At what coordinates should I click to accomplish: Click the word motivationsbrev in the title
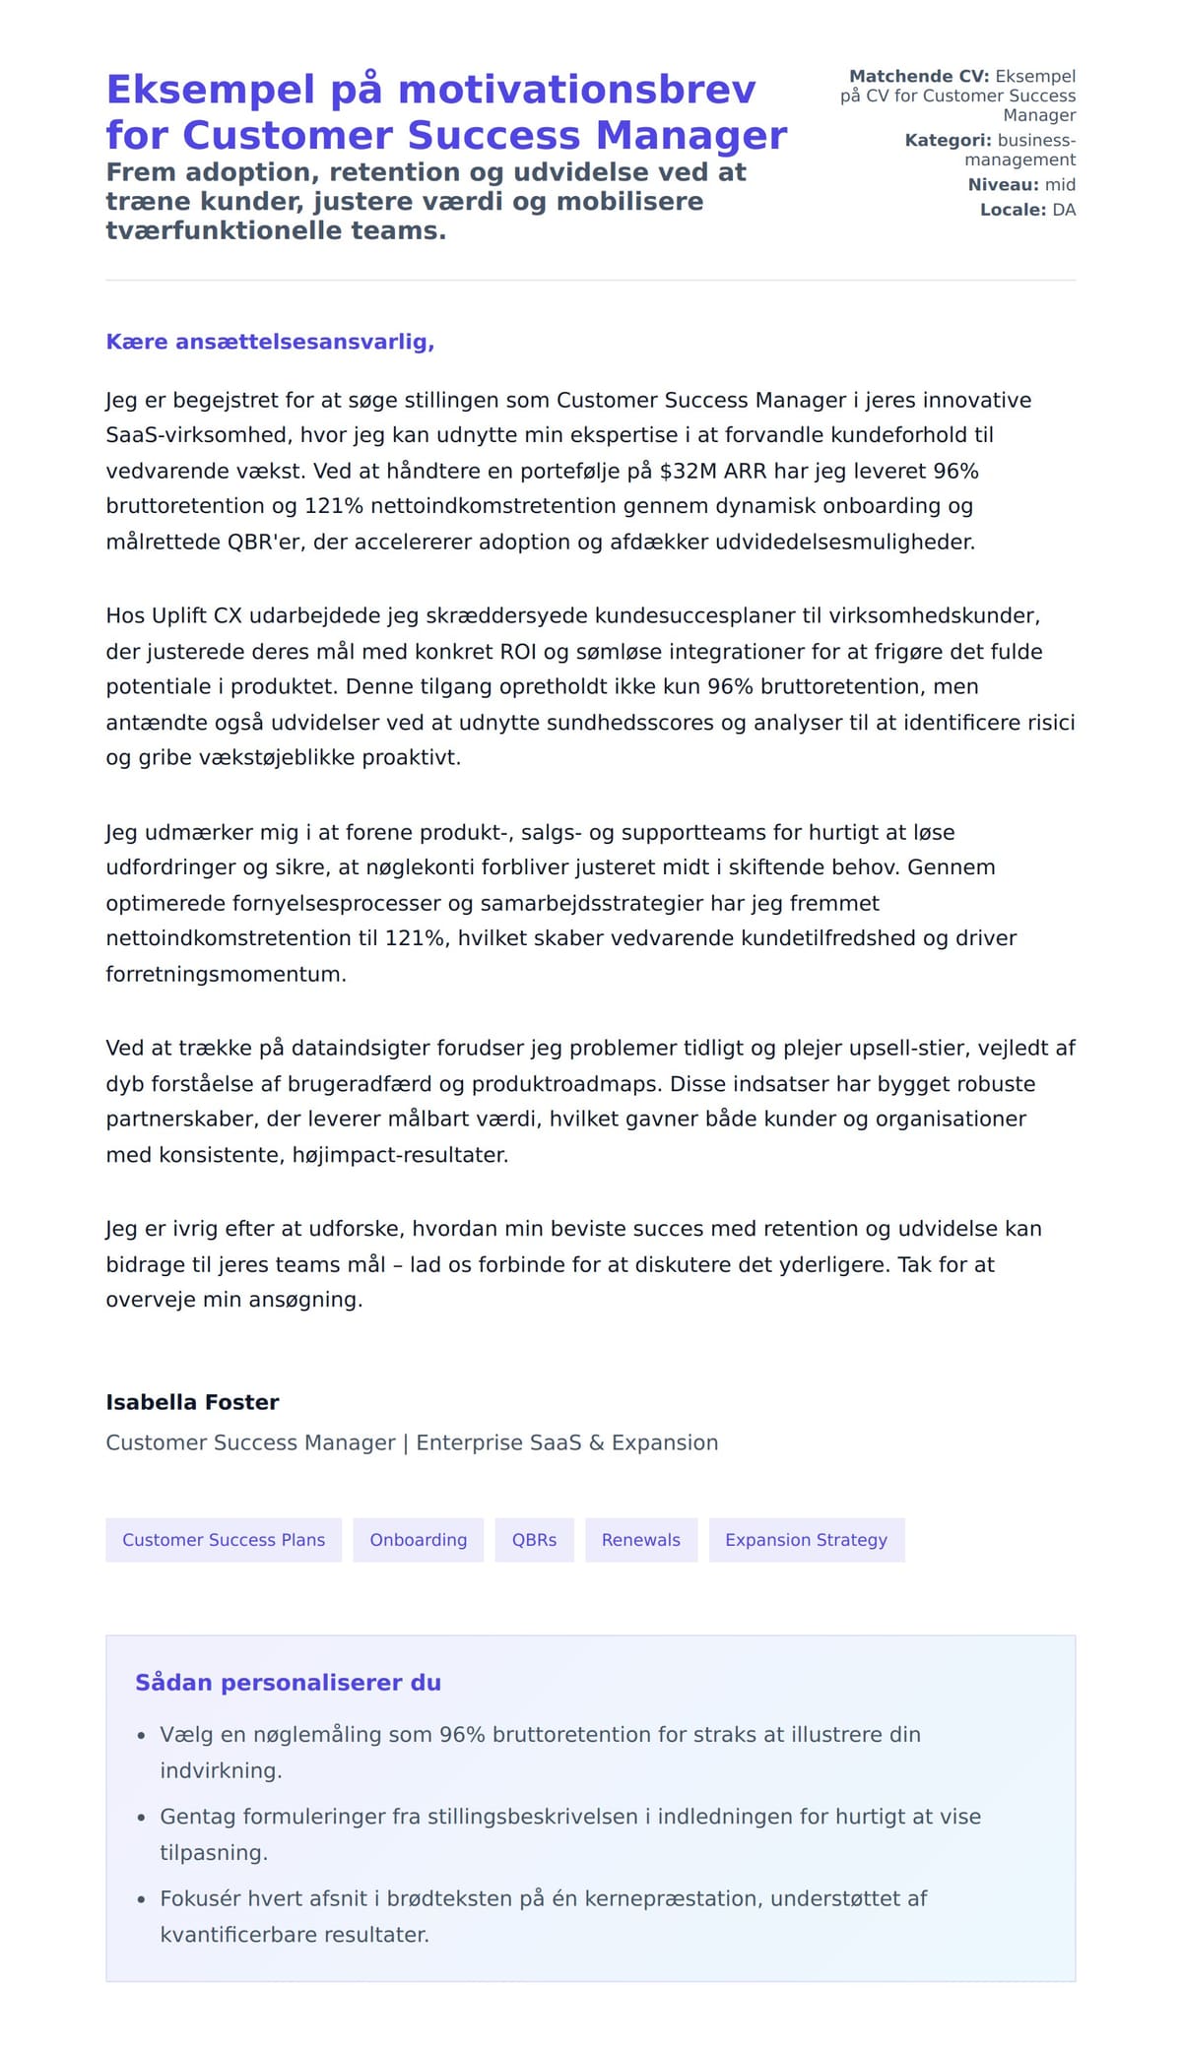click(576, 90)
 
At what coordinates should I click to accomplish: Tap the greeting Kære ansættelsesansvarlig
click(270, 342)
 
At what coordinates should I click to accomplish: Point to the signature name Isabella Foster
click(192, 1402)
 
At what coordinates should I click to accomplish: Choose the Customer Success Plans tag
click(224, 1540)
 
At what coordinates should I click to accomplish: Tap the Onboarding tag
click(419, 1540)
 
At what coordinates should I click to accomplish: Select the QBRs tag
click(534, 1540)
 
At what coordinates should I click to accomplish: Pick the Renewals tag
click(641, 1540)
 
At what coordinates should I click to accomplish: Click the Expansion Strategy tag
click(806, 1540)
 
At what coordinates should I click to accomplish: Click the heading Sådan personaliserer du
click(288, 1683)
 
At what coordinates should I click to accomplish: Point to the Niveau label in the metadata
click(1003, 185)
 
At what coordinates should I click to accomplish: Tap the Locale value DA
click(1064, 210)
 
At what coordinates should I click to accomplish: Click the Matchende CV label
click(919, 77)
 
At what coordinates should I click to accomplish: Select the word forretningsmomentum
click(226, 974)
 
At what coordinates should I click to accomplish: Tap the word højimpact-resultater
click(400, 1155)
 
